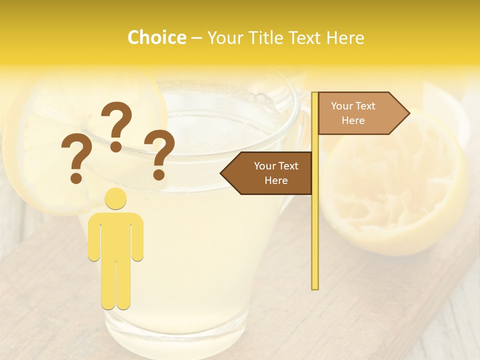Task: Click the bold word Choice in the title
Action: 156,37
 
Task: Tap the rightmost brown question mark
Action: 159,154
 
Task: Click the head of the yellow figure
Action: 115,198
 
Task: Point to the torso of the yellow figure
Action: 115,235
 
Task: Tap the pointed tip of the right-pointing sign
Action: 407,113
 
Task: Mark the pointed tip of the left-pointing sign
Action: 223,173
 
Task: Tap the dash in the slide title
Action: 196,38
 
